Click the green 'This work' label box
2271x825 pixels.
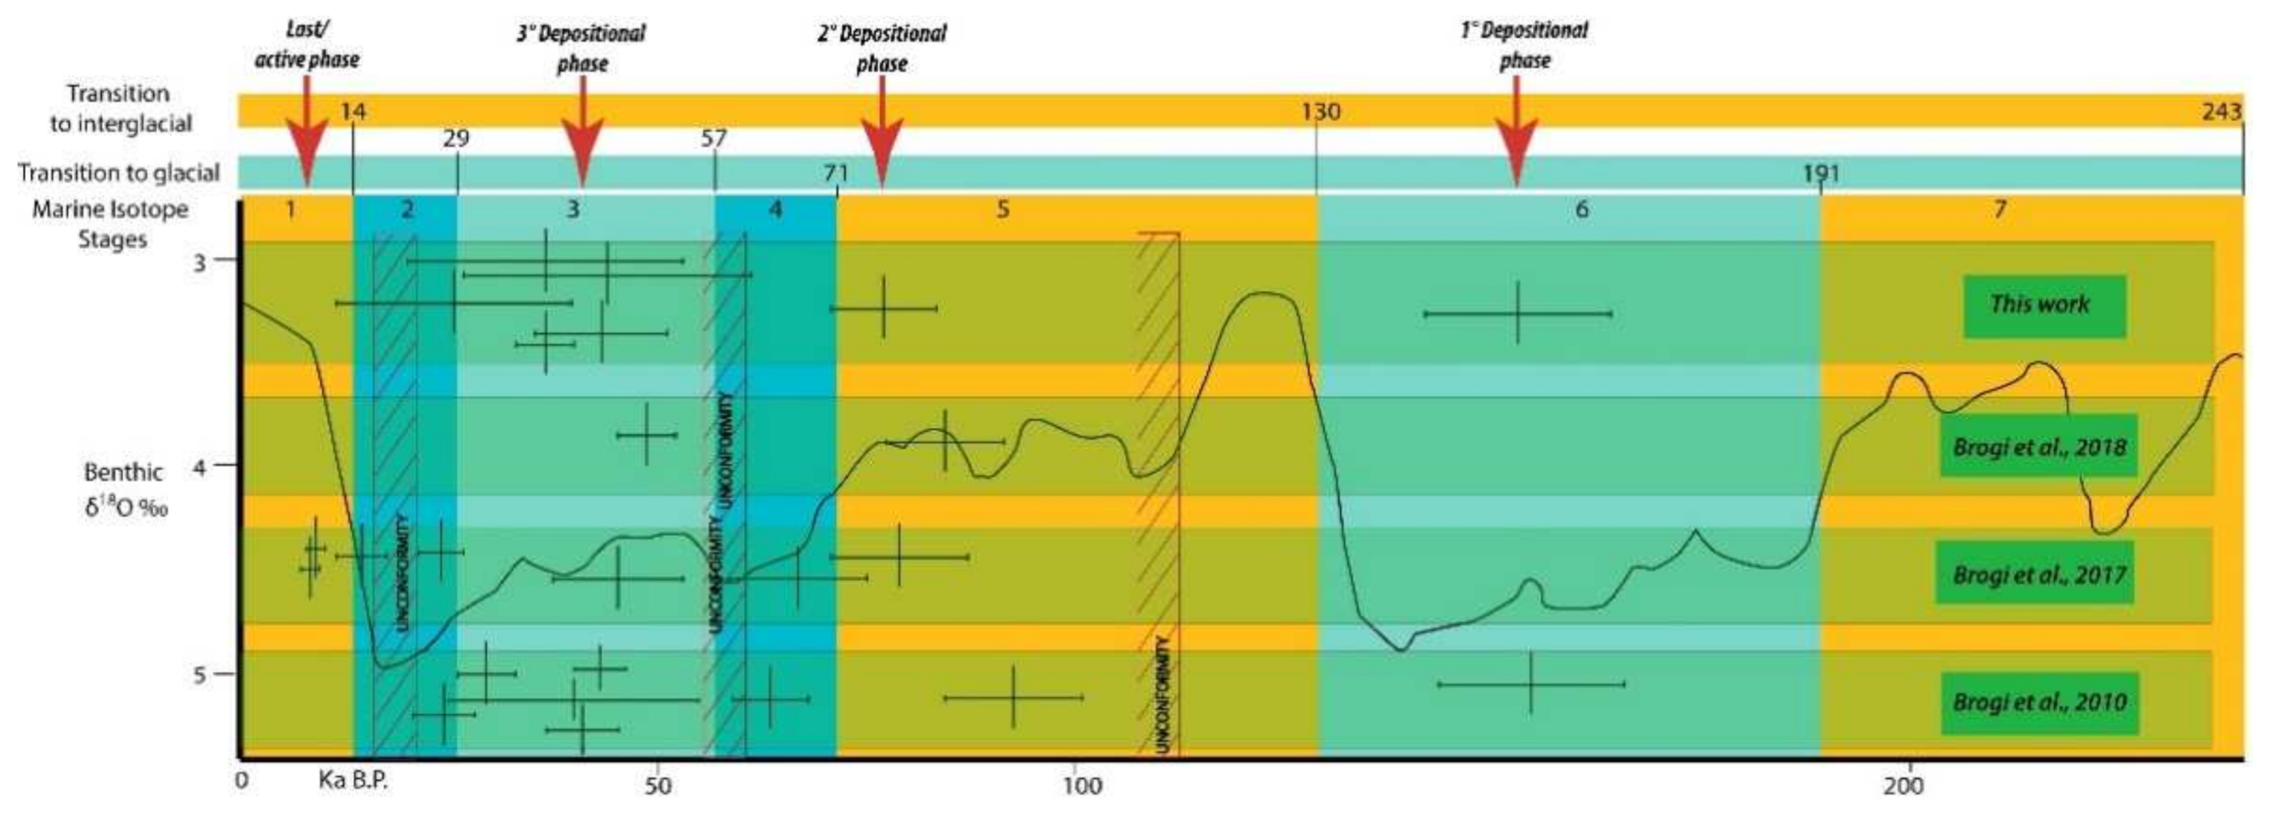coord(2044,307)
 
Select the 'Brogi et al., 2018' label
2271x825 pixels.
coord(2038,447)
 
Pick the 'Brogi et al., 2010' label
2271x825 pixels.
coord(2039,702)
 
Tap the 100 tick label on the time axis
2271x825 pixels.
coord(1081,786)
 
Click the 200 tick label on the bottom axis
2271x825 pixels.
coord(1903,786)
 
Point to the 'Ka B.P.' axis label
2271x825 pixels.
coord(353,781)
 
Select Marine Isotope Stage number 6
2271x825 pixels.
coord(1582,210)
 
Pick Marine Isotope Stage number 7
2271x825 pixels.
coord(1999,210)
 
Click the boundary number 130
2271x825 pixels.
coord(1321,112)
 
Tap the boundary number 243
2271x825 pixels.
coord(2221,112)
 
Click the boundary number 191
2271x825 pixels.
coord(1820,173)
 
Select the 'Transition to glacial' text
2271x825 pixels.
coord(119,173)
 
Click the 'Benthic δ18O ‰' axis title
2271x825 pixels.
coord(125,489)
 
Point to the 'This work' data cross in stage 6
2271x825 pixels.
coord(1517,314)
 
